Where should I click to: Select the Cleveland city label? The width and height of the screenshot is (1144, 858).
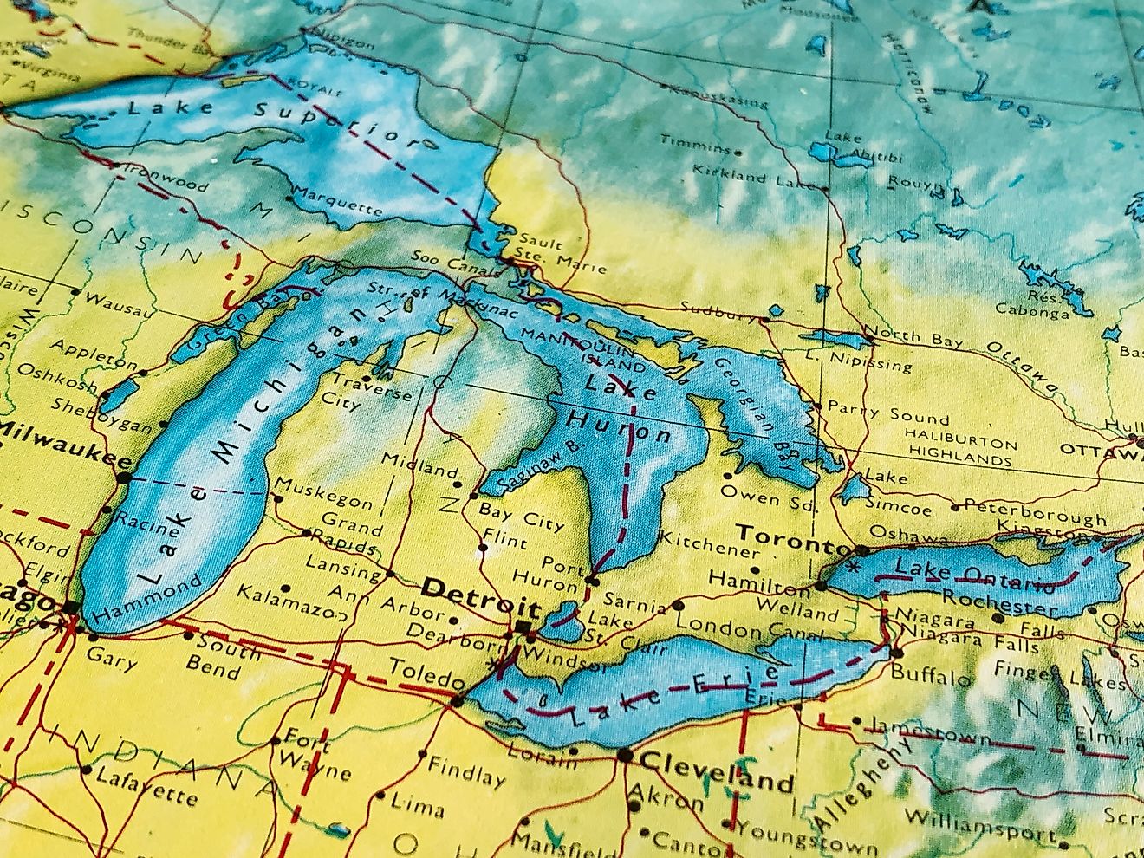pyautogui.click(x=718, y=773)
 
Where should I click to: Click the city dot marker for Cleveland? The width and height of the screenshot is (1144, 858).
pyautogui.click(x=625, y=757)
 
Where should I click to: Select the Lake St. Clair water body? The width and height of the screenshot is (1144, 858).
pyautogui.click(x=564, y=619)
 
